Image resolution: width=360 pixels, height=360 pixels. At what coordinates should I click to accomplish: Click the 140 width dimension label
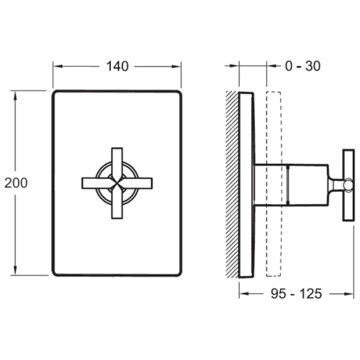118,67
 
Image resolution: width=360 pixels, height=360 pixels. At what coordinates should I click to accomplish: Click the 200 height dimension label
15,183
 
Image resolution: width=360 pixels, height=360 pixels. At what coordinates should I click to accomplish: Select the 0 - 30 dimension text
302,67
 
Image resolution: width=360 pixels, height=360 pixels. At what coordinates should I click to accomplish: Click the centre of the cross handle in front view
118,183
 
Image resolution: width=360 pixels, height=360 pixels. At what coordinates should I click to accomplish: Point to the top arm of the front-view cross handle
118,159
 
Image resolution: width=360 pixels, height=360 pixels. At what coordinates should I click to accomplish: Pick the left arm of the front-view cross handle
93,183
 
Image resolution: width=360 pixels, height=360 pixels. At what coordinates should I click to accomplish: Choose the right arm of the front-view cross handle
142,183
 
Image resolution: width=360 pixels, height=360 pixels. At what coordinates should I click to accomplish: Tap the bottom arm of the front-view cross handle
118,207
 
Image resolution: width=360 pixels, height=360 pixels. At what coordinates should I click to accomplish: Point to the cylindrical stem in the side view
291,183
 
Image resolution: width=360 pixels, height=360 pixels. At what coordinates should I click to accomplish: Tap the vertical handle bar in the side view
347,186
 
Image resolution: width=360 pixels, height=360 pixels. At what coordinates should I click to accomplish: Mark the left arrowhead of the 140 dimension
56,67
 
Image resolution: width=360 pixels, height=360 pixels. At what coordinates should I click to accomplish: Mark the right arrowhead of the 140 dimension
178,67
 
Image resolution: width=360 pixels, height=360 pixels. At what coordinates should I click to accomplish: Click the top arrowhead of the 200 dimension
15,94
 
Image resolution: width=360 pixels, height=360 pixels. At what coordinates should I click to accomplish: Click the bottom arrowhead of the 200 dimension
15,272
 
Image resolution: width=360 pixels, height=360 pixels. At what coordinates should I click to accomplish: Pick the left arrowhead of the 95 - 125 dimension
242,293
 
